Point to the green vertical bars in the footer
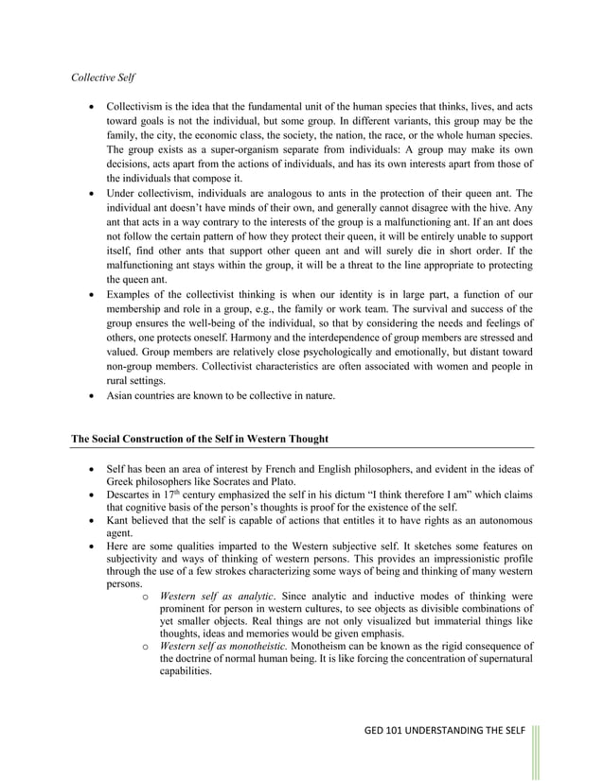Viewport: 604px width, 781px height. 538,751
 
